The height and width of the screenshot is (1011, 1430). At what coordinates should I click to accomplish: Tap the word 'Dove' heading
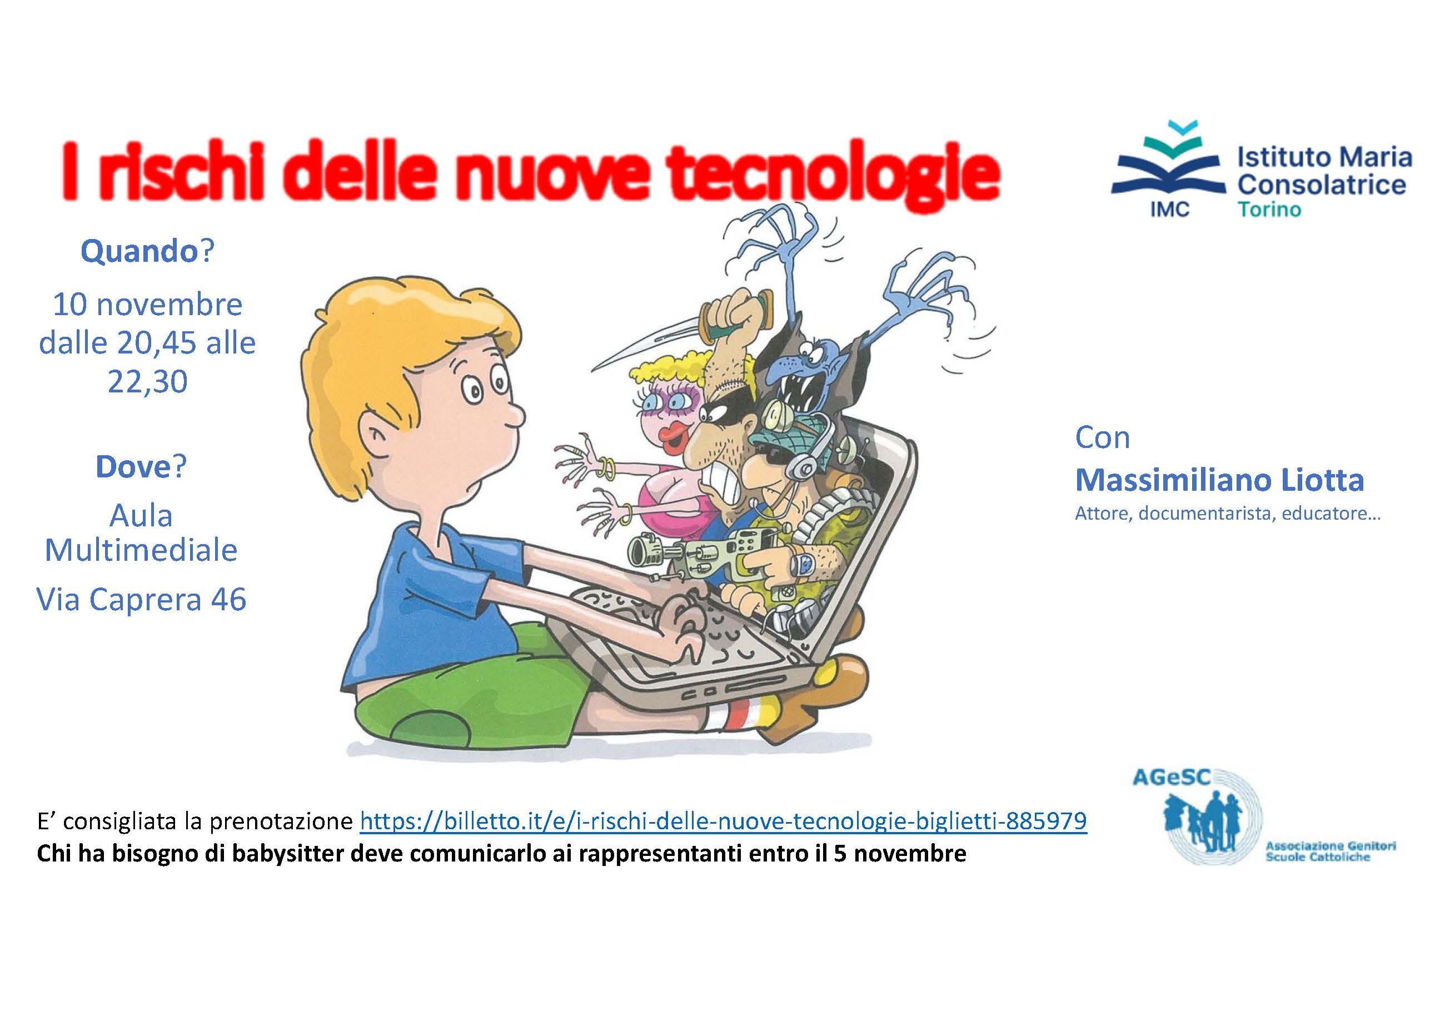[x=133, y=466]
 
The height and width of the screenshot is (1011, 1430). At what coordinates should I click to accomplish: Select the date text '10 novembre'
[x=148, y=305]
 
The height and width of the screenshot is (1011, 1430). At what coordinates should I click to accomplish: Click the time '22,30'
[x=148, y=381]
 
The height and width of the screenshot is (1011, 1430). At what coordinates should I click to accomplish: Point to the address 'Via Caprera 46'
[x=141, y=599]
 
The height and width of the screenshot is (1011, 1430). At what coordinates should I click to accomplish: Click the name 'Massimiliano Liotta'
[x=1219, y=480]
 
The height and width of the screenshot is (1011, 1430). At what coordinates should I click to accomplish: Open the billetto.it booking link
[x=724, y=821]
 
